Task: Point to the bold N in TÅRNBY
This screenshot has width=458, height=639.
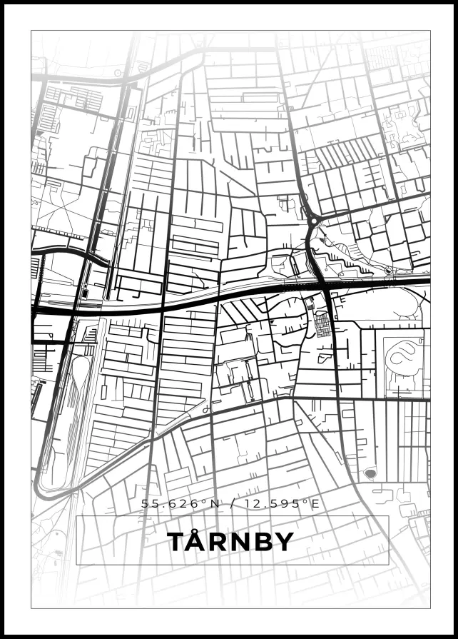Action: [239, 542]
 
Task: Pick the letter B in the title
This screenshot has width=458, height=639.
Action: [262, 542]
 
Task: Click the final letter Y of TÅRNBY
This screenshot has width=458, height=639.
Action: [284, 542]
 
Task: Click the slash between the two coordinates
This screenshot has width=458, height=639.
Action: [230, 503]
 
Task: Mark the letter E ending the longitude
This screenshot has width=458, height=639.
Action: [315, 503]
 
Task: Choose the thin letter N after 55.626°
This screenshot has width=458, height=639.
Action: [213, 503]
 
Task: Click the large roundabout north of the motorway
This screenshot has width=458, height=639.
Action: [312, 221]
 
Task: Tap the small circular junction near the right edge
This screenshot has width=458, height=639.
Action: [388, 271]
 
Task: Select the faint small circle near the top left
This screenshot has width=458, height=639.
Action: [118, 72]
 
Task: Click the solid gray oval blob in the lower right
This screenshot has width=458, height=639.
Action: [370, 473]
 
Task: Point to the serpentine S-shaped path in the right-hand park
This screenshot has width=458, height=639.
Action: [402, 354]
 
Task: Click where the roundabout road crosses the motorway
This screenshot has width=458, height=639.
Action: [325, 284]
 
